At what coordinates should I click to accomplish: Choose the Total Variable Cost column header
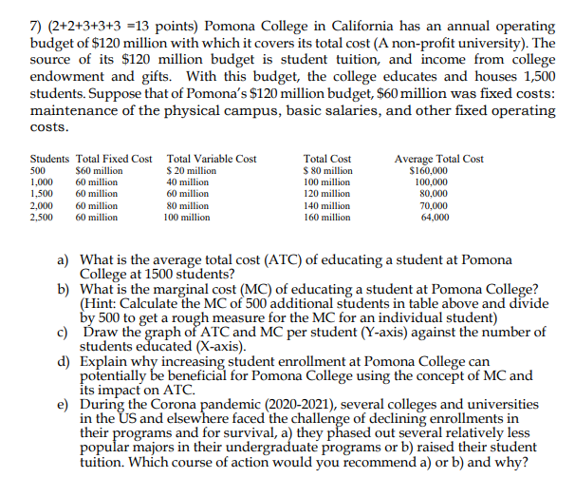tap(211, 159)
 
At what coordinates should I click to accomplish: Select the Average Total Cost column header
tap(439, 159)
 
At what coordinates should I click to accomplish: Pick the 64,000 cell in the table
tap(435, 217)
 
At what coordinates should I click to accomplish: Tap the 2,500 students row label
tap(43, 217)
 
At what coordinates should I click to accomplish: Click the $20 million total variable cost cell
tap(191, 170)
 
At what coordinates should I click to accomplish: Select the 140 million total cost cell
tap(326, 205)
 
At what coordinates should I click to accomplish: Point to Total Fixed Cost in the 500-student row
tap(99, 170)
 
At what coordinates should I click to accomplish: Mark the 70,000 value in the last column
tap(435, 205)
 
